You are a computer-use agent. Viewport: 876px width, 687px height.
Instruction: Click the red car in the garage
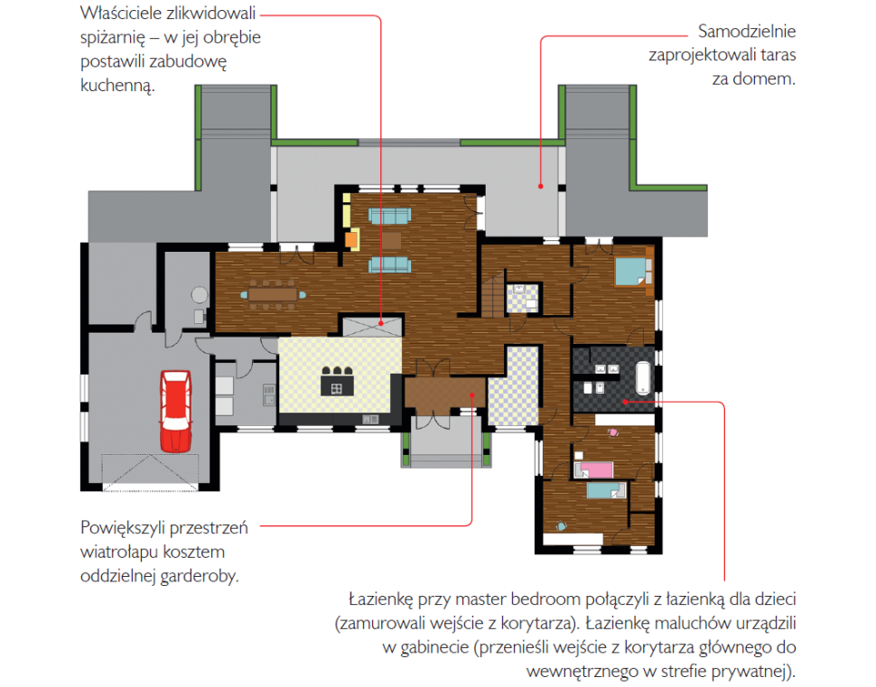(176, 411)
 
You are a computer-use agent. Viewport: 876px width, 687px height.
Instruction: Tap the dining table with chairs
(274, 294)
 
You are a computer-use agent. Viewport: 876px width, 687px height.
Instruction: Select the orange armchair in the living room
(351, 239)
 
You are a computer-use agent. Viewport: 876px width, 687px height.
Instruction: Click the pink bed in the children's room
(595, 469)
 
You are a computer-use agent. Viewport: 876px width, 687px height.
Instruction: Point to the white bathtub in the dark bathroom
(643, 377)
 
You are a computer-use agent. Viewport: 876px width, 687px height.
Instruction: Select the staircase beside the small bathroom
(494, 295)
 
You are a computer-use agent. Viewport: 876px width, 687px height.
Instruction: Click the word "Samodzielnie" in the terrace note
(746, 32)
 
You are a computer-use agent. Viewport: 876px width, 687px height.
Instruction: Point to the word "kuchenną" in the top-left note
(116, 86)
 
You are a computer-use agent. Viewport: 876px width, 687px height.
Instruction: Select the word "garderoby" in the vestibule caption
(199, 576)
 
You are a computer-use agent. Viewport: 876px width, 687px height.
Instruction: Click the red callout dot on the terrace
(541, 186)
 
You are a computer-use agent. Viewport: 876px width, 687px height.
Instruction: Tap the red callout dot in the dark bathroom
(626, 402)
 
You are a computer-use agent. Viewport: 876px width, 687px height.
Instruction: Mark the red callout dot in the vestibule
(472, 395)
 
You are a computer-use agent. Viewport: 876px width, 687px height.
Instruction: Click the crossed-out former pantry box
(372, 327)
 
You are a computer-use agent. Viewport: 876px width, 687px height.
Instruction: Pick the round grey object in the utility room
(200, 294)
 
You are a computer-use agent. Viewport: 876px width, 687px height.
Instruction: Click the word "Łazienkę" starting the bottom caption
(381, 599)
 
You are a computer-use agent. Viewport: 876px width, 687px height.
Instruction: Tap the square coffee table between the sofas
(391, 240)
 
